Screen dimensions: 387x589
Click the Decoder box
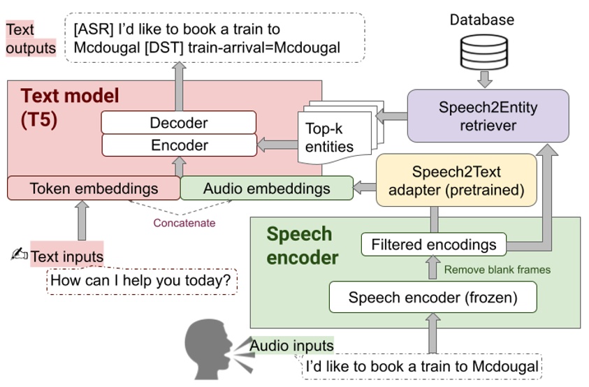point(179,123)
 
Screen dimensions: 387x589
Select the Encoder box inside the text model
point(179,145)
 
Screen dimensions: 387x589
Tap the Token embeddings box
point(94,188)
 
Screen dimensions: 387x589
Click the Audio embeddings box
point(266,188)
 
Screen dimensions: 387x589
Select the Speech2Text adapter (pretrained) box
point(456,180)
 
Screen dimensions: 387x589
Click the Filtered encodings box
point(434,244)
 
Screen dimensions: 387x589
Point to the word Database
point(481,20)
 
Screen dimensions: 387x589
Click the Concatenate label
point(184,223)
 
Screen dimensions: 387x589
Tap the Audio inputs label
point(291,345)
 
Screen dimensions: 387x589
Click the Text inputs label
point(66,256)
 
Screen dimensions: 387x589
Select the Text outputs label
point(31,39)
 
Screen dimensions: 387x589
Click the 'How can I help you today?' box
point(142,281)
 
